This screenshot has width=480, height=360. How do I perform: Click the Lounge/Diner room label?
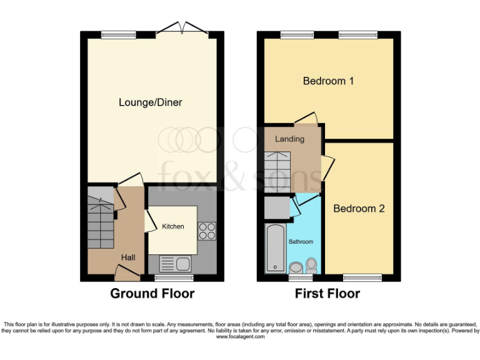coord(151,102)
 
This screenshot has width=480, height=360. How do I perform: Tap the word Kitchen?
coord(173,226)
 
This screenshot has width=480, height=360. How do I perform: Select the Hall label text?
coord(128,257)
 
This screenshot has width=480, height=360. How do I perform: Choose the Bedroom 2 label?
coord(359,208)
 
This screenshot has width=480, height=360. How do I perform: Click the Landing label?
coord(289,139)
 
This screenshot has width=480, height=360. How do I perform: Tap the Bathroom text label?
coord(301,241)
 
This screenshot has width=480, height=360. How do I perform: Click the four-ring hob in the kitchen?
coord(207,231)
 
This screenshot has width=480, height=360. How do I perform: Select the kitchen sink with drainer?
coord(176,263)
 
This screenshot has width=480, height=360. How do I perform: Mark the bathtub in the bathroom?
coord(274,247)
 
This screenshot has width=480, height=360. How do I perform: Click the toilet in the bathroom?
coord(311,267)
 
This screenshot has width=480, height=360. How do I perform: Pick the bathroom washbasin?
coord(296,268)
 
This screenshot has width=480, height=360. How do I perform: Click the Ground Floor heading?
coord(152,293)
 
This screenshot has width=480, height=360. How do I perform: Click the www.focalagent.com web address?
coord(240,337)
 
